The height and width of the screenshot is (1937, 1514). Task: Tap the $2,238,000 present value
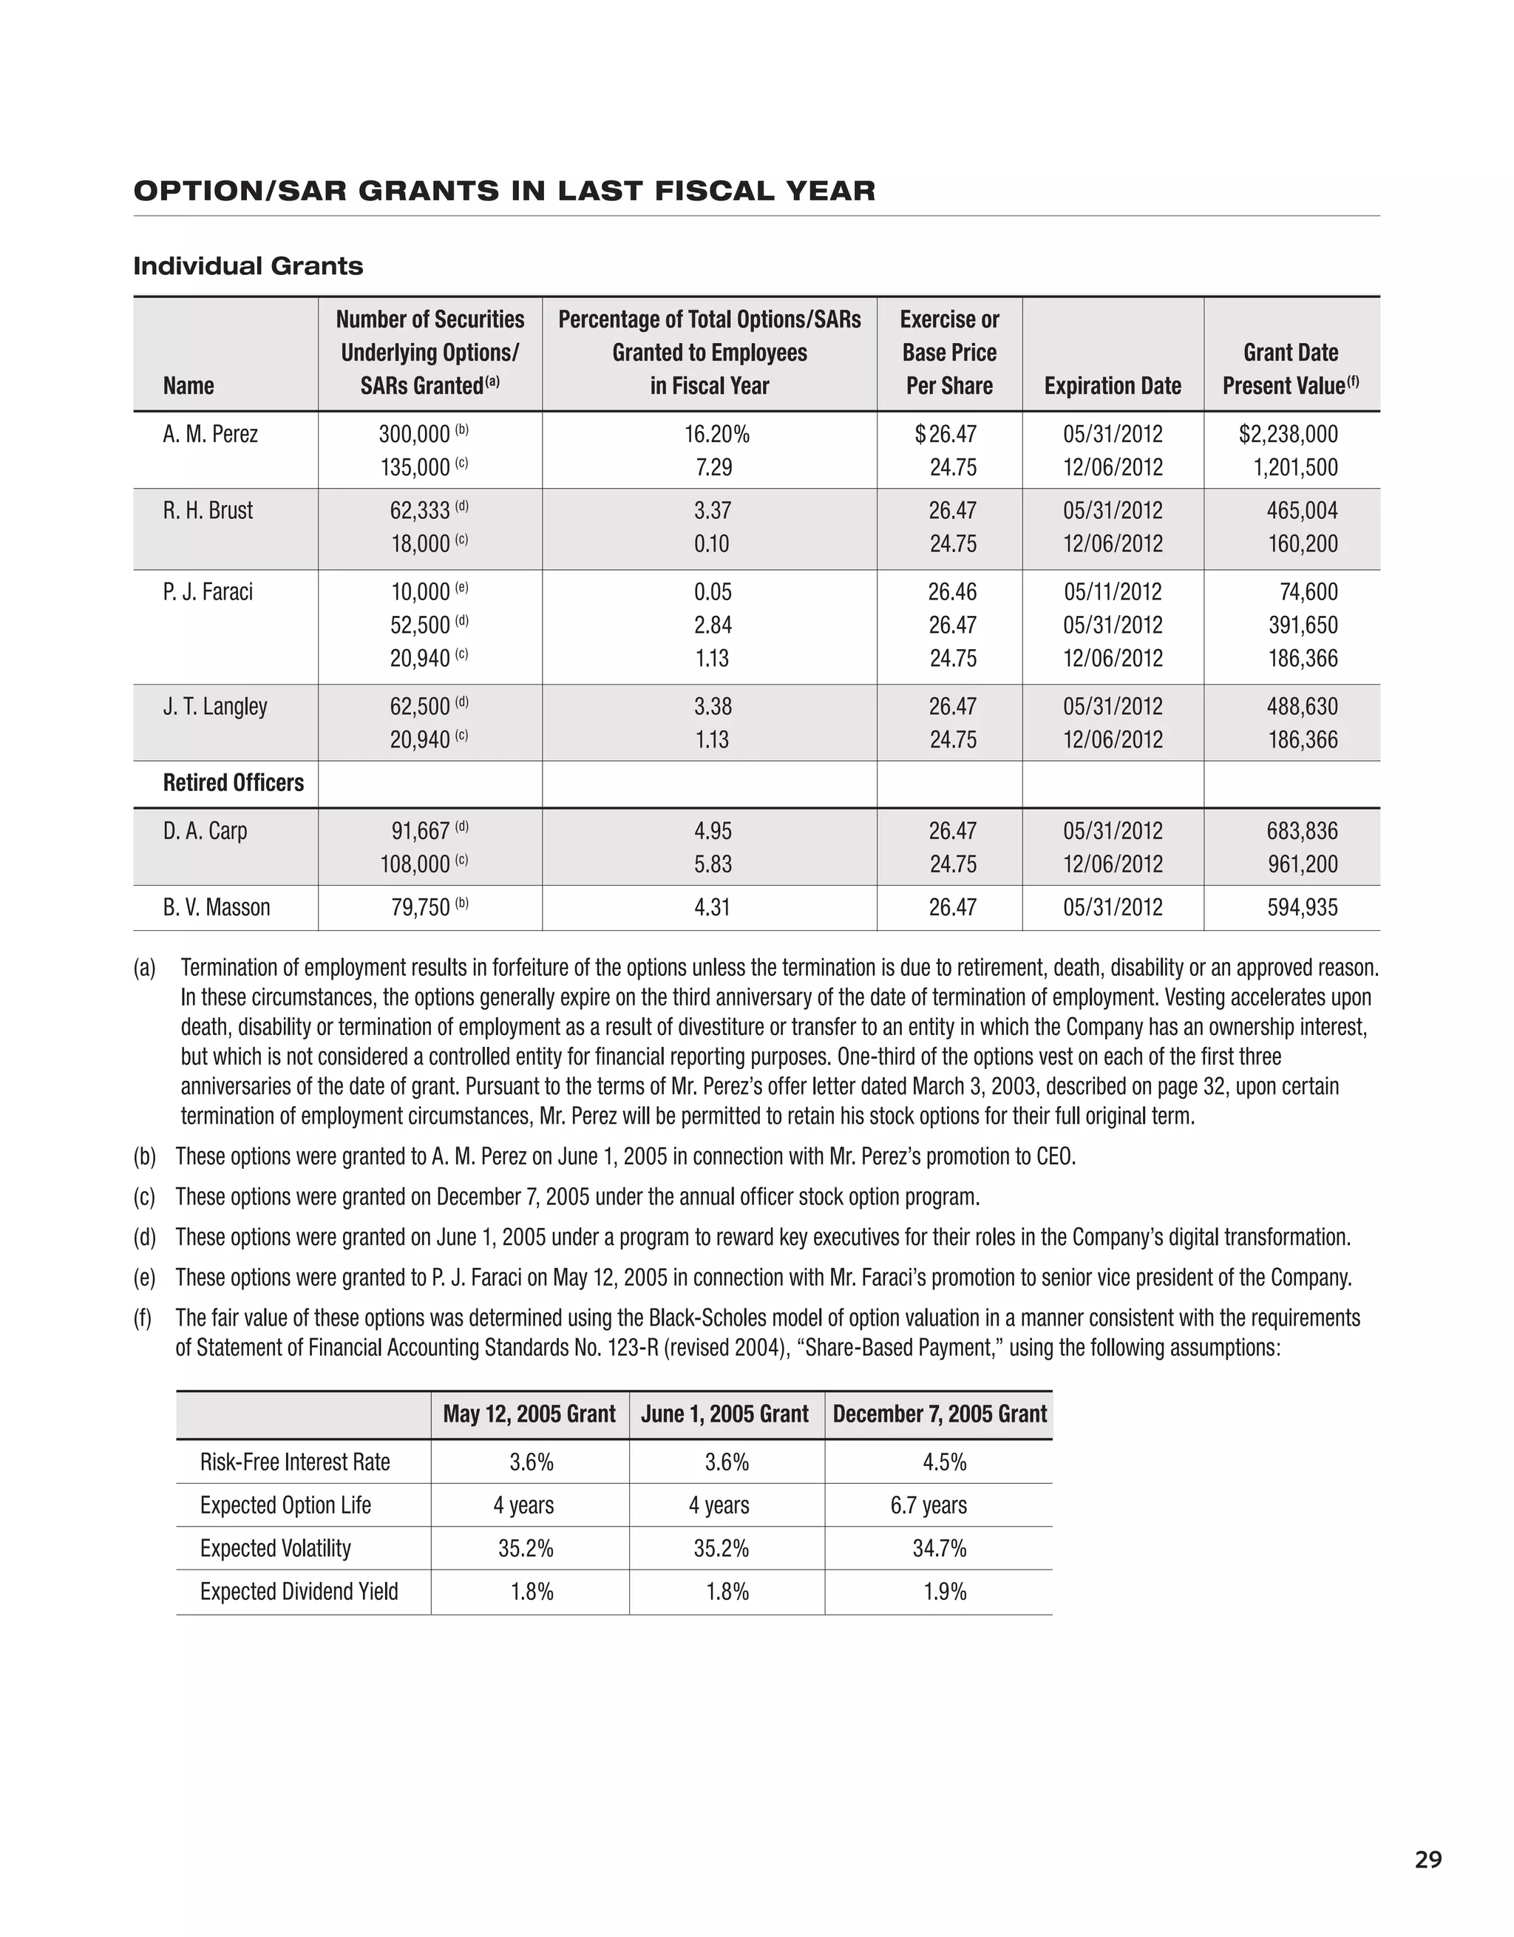1288,435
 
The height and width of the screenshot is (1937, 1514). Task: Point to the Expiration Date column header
1113,386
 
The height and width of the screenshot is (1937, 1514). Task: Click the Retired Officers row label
234,783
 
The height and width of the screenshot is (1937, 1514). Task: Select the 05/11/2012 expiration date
1113,591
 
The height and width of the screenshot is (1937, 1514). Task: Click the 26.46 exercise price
953,591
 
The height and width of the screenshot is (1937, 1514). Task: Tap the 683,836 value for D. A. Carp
1302,831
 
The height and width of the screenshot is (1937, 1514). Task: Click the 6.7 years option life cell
929,1505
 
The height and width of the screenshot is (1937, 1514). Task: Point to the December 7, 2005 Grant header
940,1414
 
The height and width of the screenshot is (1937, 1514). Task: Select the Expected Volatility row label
275,1549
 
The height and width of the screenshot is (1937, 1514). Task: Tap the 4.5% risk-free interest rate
944,1462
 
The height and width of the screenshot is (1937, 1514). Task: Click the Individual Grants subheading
248,266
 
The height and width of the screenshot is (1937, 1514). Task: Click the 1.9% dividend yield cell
944,1592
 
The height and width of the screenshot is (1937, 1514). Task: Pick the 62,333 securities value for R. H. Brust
421,511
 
